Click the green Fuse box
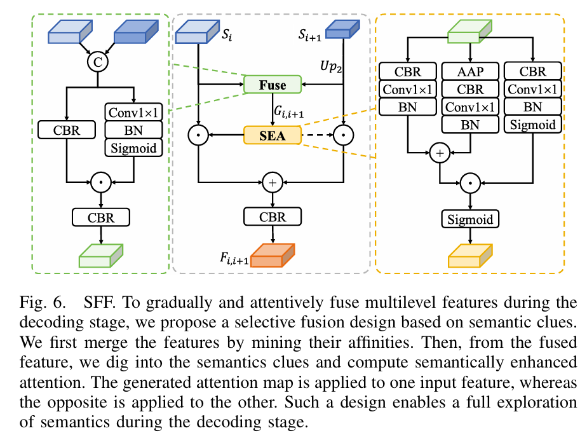tap(273, 85)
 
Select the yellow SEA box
tap(272, 135)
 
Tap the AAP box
tap(470, 71)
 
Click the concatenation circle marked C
tap(98, 62)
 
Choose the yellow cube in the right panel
tap(470, 254)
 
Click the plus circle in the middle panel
tap(272, 182)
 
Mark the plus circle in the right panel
tap(438, 153)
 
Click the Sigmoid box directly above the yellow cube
tap(470, 220)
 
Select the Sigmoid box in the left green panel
tap(134, 148)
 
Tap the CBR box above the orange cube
tap(272, 217)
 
